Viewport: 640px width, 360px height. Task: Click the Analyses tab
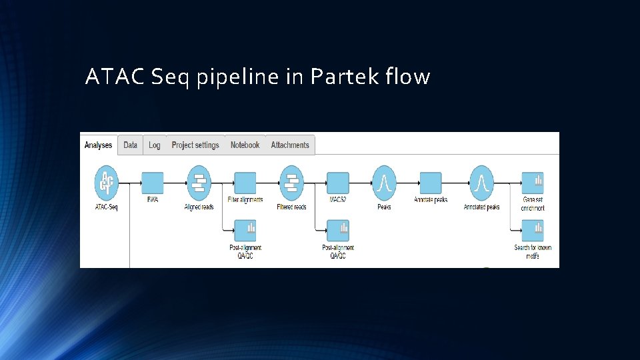point(98,145)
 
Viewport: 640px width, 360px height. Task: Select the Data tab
point(131,145)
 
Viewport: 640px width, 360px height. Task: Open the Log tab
point(155,145)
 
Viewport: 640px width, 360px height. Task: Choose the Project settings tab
point(195,145)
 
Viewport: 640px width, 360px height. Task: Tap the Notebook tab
point(245,145)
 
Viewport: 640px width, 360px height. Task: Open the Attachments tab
point(290,145)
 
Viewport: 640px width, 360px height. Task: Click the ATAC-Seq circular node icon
point(106,183)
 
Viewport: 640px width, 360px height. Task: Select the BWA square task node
point(153,183)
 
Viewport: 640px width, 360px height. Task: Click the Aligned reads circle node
point(199,183)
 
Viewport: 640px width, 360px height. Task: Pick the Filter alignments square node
point(245,183)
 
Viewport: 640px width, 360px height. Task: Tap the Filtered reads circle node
point(291,183)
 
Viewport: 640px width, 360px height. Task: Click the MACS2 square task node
point(338,183)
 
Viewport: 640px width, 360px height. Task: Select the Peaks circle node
point(384,183)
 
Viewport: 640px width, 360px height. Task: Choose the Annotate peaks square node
point(431,183)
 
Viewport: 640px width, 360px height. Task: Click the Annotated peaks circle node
point(481,183)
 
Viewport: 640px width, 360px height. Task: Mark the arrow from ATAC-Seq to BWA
point(131,182)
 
